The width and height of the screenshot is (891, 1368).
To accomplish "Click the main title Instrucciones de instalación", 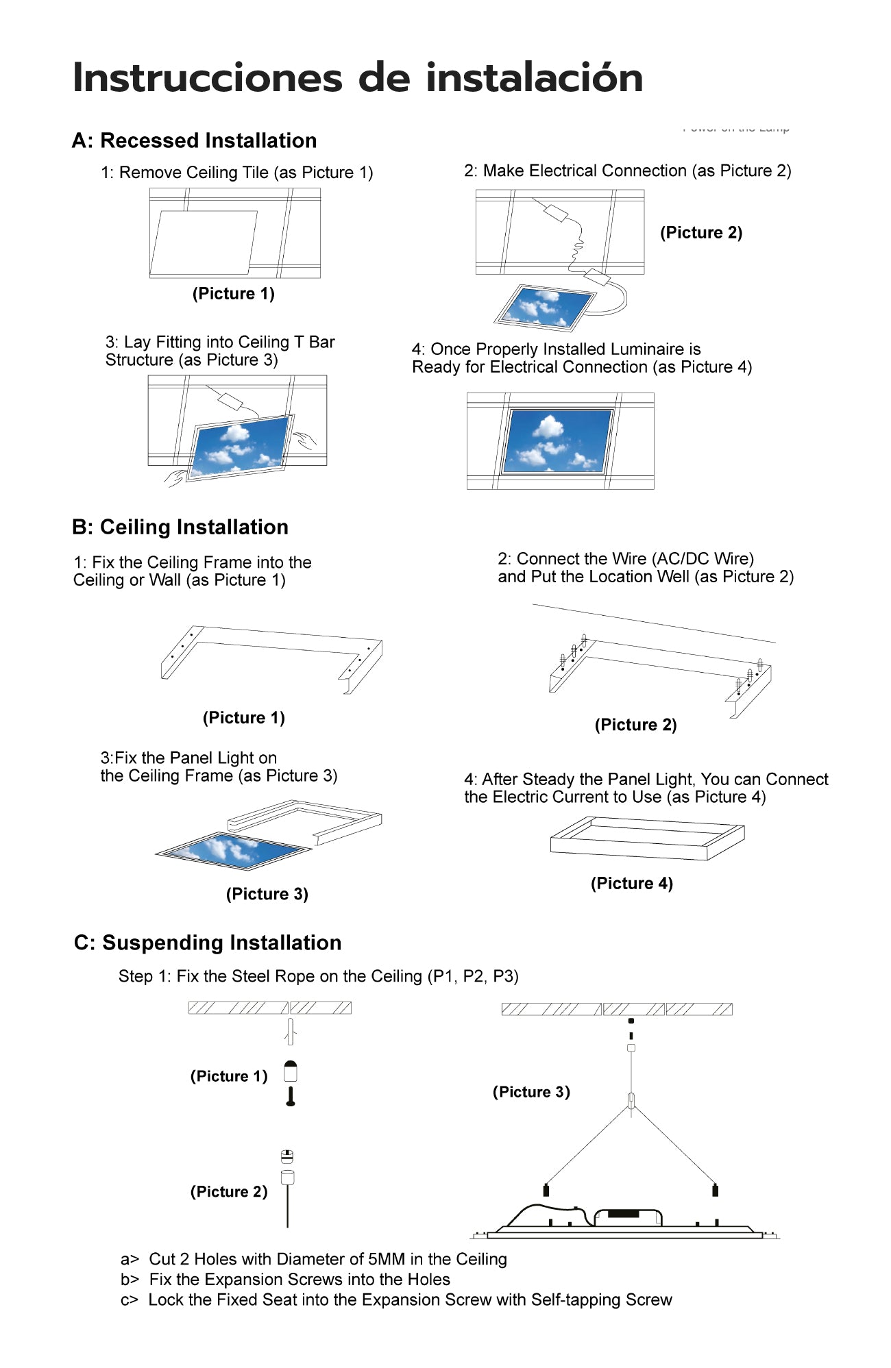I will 357,77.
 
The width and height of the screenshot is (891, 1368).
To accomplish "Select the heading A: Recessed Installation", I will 194,140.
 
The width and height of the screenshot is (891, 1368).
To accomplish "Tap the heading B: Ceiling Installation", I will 180,527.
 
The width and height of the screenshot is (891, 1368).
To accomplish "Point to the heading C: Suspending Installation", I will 207,943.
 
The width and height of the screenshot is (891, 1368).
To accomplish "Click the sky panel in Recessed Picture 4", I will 557,440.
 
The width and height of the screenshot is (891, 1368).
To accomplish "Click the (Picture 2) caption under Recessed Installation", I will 700,233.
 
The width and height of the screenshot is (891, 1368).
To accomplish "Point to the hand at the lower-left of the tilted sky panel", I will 175,477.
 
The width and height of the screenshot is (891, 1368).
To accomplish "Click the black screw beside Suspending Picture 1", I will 291,1097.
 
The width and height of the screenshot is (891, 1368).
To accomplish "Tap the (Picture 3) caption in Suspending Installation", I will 531,1092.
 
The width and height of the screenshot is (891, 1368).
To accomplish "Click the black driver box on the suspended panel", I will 623,1214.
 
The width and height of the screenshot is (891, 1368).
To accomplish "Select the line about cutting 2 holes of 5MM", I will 314,1259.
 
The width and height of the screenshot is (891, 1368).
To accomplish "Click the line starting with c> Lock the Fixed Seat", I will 396,1300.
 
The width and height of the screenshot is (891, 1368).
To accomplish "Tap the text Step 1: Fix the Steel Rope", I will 318,976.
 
